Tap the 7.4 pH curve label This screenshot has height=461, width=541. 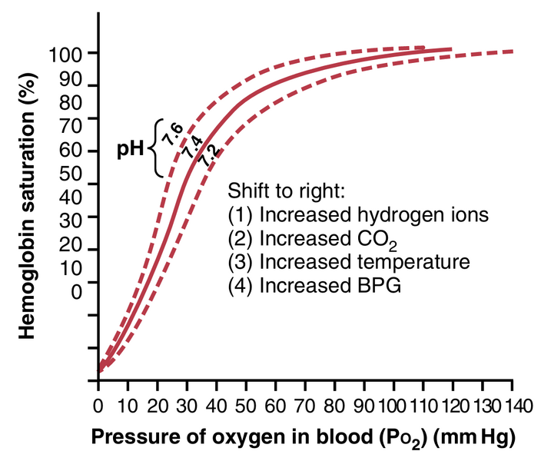[191, 146]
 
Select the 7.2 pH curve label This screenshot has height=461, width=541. [206, 156]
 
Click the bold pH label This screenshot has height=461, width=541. [131, 148]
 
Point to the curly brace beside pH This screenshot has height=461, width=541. [158, 148]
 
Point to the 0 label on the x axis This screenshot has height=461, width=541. [98, 406]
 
